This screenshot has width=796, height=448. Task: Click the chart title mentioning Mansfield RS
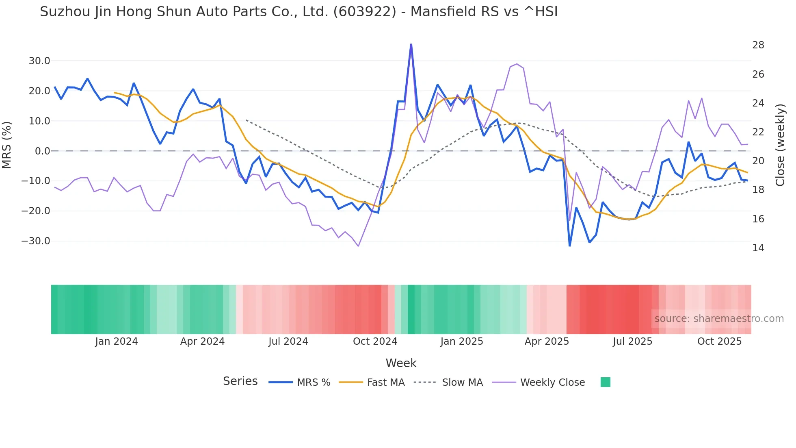point(298,12)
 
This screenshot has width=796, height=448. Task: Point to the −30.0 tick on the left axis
point(36,241)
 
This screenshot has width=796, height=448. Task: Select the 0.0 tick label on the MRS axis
point(42,151)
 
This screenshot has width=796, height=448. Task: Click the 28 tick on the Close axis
point(758,45)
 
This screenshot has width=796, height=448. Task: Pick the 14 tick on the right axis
point(758,248)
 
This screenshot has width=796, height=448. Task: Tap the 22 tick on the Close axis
point(758,132)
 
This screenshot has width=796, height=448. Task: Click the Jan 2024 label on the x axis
point(117,341)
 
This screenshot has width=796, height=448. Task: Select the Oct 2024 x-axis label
point(375,341)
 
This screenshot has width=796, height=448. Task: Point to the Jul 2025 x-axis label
point(632,341)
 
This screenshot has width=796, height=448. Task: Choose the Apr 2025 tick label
point(547,341)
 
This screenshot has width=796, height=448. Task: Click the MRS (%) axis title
point(7,145)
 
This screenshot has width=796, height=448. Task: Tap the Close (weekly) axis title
point(780,145)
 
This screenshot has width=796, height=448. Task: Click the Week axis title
point(401,363)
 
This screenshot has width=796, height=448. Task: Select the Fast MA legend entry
point(385,383)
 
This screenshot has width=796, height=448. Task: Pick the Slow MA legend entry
point(462,383)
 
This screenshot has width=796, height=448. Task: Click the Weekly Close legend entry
point(552,383)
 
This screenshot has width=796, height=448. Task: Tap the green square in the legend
point(605,382)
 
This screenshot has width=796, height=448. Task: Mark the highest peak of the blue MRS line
point(411,44)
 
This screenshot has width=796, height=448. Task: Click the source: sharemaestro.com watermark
point(719,319)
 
